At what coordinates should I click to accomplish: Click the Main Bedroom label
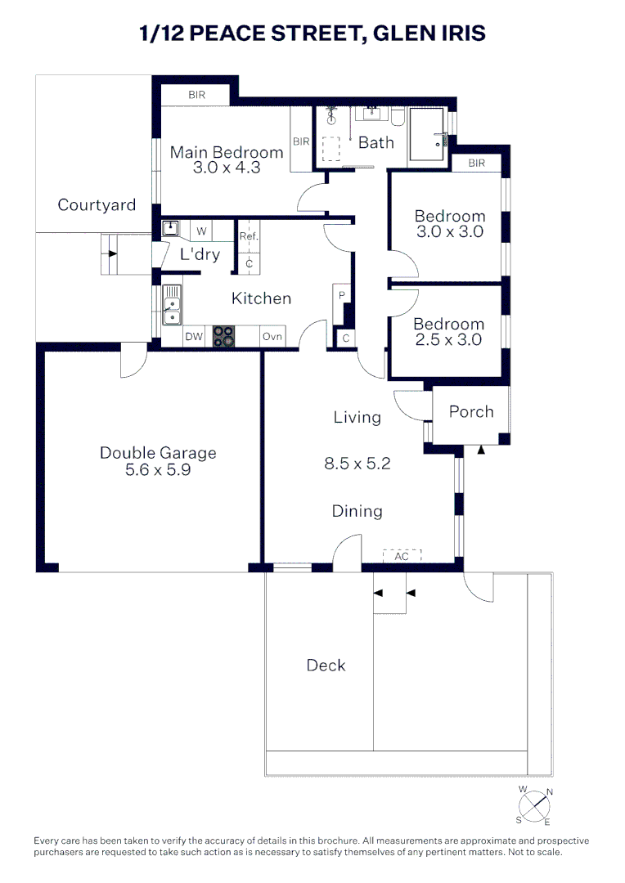pyautogui.click(x=227, y=152)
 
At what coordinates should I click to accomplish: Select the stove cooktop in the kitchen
pyautogui.click(x=224, y=337)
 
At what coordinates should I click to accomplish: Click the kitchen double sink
pyautogui.click(x=172, y=305)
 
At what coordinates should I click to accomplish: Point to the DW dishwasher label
pyautogui.click(x=194, y=337)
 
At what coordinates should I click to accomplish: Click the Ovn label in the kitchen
pyautogui.click(x=272, y=337)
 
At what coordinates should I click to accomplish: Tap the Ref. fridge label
pyautogui.click(x=249, y=237)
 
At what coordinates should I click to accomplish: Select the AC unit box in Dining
pyautogui.click(x=402, y=556)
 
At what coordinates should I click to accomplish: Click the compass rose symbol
pyautogui.click(x=536, y=805)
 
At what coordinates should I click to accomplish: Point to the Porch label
pyautogui.click(x=471, y=411)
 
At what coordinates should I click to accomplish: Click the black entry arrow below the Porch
pyautogui.click(x=481, y=449)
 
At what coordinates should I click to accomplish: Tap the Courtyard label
pyautogui.click(x=97, y=204)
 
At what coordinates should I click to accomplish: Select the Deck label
pyautogui.click(x=326, y=665)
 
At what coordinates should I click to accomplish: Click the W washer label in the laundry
pyautogui.click(x=201, y=231)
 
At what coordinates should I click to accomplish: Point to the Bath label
pyautogui.click(x=376, y=142)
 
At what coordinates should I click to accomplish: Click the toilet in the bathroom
pyautogui.click(x=398, y=119)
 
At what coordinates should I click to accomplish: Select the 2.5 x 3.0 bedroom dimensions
pyautogui.click(x=448, y=340)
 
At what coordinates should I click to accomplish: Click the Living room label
pyautogui.click(x=357, y=417)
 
